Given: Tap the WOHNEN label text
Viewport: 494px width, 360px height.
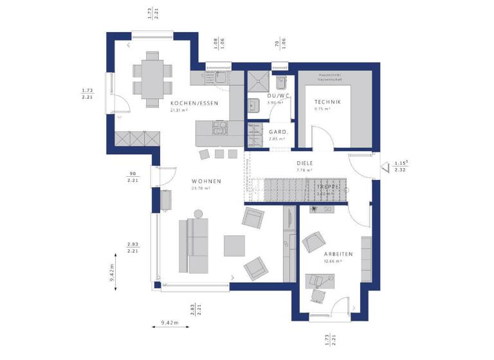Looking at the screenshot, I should [x=206, y=181].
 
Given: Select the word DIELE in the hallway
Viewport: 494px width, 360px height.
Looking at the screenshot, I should [x=304, y=163].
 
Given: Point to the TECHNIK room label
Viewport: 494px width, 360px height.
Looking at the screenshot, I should [x=327, y=102].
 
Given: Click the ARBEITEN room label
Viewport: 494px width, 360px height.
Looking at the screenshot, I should [x=338, y=253].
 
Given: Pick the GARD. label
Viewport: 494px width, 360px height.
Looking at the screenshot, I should [x=278, y=131].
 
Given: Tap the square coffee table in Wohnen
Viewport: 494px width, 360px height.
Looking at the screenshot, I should [x=234, y=246].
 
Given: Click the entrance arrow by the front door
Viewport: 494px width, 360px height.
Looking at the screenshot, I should [x=385, y=168].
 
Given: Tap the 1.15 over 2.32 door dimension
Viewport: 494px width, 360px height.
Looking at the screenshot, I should [x=402, y=166].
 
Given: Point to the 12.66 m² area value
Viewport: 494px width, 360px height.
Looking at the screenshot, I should [x=333, y=261].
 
